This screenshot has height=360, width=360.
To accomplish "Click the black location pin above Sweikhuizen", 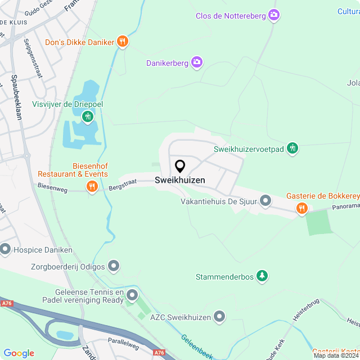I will point(180,166).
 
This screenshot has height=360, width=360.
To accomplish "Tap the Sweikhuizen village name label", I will point(180,181).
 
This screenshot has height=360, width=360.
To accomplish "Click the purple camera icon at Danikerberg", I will point(197,62).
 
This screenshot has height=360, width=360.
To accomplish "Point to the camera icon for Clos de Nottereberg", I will point(274,15).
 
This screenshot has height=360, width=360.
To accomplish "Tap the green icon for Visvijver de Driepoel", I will point(87,116).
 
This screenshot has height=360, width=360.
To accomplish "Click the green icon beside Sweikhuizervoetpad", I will point(292,148).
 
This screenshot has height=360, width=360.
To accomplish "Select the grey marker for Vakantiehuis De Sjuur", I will point(265,200).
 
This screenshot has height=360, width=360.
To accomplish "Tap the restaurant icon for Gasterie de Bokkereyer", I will point(302,209).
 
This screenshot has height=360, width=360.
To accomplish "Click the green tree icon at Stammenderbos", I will point(262,276).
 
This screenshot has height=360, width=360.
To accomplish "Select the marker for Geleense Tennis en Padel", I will point(132,295).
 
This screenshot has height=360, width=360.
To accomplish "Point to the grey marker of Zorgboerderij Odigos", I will point(114,264).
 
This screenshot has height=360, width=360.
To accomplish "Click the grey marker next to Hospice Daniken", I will point(6,248).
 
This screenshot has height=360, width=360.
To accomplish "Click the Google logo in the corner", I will point(19,353).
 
